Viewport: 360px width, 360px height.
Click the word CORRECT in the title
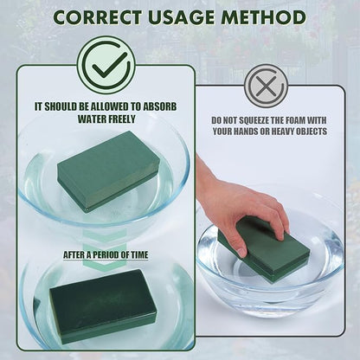[x=99, y=17]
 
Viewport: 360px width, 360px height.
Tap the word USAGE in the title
[x=182, y=17]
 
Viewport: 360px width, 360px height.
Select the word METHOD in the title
[x=263, y=17]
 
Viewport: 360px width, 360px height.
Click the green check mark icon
[x=106, y=65]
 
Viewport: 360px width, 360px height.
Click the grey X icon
[x=266, y=86]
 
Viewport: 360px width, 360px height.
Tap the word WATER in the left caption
[x=91, y=119]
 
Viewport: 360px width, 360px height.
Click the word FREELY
[x=120, y=119]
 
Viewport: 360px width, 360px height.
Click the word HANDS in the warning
[x=245, y=132]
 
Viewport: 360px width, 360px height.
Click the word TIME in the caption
[x=139, y=255]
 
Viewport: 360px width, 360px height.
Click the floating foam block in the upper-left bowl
[x=108, y=172]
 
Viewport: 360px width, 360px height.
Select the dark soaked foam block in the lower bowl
[x=103, y=306]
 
